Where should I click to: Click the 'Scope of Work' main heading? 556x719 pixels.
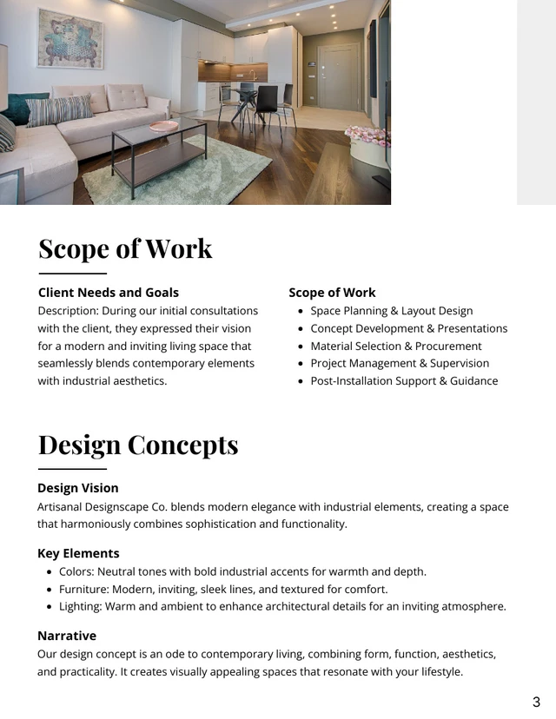click(x=125, y=248)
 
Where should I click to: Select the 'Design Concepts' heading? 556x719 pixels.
click(x=137, y=445)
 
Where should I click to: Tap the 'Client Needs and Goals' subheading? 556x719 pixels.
click(x=109, y=293)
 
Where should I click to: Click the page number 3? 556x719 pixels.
click(x=536, y=702)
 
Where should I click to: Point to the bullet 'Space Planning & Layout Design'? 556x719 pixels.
click(x=391, y=311)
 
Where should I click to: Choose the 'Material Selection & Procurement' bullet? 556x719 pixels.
click(x=395, y=346)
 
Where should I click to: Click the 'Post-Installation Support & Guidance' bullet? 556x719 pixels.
click(x=404, y=380)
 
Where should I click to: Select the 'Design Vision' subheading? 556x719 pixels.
click(x=78, y=488)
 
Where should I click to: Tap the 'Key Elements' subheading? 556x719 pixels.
click(x=78, y=553)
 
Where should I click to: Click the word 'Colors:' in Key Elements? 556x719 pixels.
click(x=76, y=571)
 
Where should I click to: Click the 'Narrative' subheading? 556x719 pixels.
click(x=67, y=636)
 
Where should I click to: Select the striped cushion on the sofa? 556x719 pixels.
click(x=59, y=110)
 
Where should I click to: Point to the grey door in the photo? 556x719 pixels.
click(x=338, y=76)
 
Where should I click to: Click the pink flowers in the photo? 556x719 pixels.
click(x=367, y=135)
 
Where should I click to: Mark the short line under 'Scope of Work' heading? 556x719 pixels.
click(x=72, y=274)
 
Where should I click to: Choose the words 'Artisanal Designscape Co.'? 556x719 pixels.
click(x=103, y=507)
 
